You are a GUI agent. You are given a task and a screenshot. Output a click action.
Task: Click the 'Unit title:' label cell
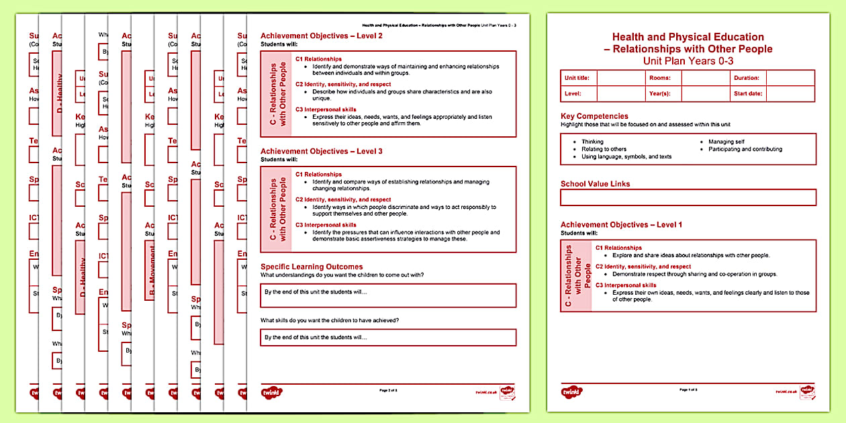(577, 78)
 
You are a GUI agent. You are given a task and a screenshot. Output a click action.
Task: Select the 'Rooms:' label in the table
(659, 78)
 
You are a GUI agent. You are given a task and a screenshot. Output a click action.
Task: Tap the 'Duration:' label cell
(747, 78)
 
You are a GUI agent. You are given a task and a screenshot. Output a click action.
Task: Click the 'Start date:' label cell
(748, 94)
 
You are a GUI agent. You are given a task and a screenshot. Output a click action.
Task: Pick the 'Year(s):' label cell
(659, 94)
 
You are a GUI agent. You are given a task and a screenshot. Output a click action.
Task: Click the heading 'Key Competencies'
(594, 116)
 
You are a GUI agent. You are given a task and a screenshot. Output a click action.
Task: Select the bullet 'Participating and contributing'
(745, 149)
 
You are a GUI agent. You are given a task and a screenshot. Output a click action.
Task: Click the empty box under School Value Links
(688, 197)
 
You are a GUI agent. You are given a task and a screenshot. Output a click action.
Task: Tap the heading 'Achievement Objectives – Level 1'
(621, 225)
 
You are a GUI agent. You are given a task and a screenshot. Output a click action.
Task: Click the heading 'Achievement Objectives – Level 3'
(322, 152)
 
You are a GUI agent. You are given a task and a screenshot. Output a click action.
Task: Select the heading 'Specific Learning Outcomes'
(312, 267)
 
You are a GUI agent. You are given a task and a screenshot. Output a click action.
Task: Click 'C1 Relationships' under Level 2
(318, 59)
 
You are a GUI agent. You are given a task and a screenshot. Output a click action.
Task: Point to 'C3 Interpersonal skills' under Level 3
(326, 225)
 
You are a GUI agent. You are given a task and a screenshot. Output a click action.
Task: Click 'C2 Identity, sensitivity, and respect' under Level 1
(643, 267)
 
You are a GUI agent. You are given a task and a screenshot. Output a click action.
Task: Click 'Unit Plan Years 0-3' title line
(688, 60)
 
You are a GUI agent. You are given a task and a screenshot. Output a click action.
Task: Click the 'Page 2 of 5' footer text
(388, 390)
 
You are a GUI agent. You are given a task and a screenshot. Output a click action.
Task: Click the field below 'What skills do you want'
(388, 337)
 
